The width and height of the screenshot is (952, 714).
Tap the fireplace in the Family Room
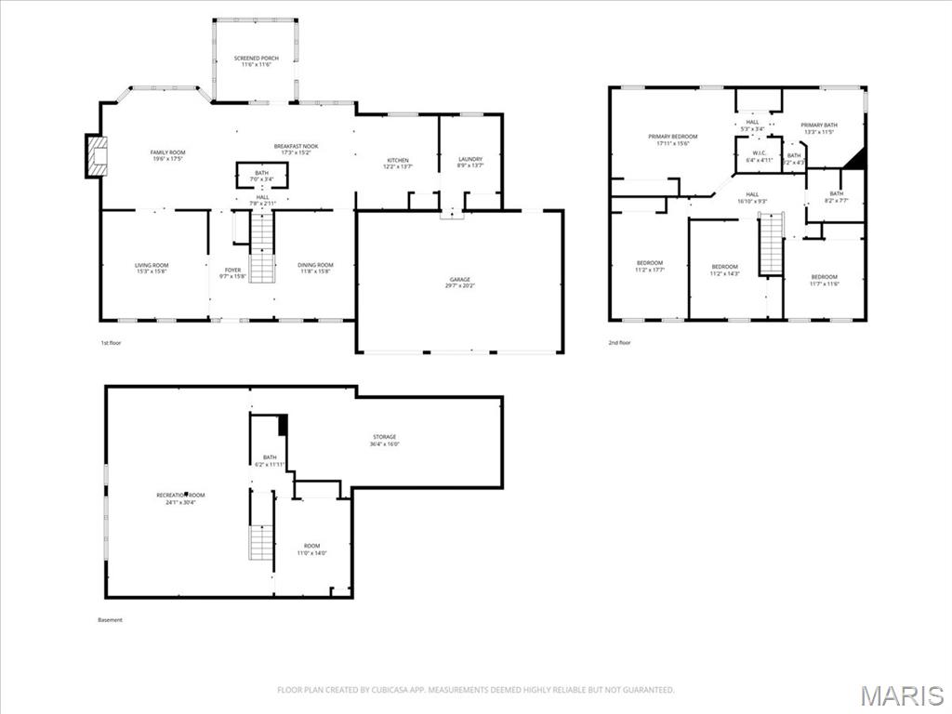96,156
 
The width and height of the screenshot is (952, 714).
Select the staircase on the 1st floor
262,247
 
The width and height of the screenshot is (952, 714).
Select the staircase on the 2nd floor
771,245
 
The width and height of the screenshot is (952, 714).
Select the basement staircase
261,541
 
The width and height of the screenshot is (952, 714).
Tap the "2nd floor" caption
620,343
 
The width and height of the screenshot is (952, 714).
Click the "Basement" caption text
110,620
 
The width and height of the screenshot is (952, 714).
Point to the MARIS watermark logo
901,695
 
